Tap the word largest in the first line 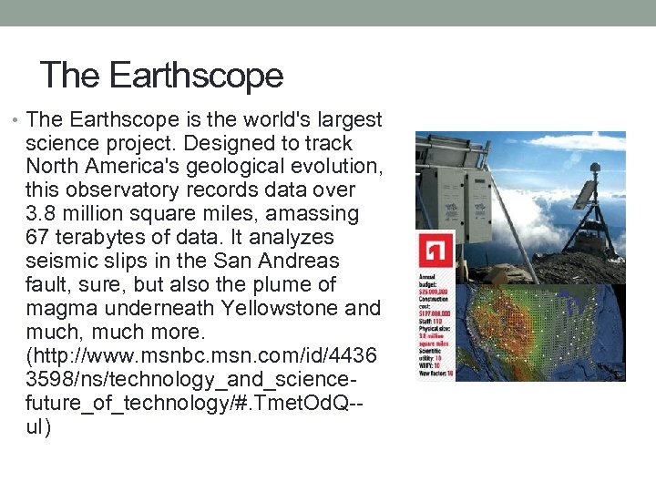click(x=348, y=120)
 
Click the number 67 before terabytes click(x=38, y=238)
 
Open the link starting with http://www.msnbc click(x=200, y=356)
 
